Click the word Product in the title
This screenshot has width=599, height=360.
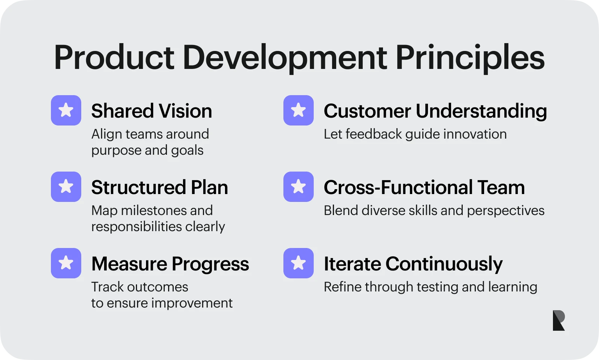point(114,58)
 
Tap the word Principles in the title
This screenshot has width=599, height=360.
point(470,59)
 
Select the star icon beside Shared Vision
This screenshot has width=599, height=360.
point(66,110)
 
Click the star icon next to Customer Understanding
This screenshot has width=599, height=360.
point(298,110)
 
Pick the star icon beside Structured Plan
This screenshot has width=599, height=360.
point(66,187)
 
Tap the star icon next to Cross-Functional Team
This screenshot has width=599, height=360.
point(298,187)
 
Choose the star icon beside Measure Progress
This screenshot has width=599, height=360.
point(66,263)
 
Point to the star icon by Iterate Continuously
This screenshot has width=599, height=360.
point(298,263)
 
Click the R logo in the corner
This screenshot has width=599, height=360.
point(559,320)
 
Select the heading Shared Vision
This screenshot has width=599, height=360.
point(152,111)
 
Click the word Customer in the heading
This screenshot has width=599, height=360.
point(367,111)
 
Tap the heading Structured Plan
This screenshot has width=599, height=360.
point(159,187)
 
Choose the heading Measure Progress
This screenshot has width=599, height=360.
point(170,264)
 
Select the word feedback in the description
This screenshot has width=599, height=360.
point(374,134)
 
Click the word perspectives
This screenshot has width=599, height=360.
point(506,211)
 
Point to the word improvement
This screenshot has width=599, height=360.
point(192,303)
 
